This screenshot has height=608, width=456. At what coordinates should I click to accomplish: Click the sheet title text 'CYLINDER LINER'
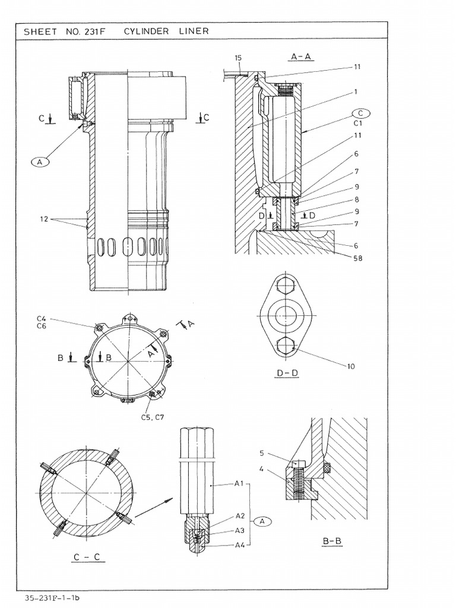pos(166,31)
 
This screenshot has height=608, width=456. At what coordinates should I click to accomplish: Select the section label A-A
pos(302,56)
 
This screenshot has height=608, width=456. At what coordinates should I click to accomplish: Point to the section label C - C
pos(85,558)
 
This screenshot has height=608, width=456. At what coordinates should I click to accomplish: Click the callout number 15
pos(238,58)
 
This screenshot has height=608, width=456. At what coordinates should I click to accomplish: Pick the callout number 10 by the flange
pos(351,366)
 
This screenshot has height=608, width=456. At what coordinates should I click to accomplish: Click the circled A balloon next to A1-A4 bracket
pos(262,520)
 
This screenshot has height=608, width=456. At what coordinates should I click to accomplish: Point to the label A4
pos(240,544)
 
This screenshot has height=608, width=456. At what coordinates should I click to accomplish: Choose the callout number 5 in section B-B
pos(261,453)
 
